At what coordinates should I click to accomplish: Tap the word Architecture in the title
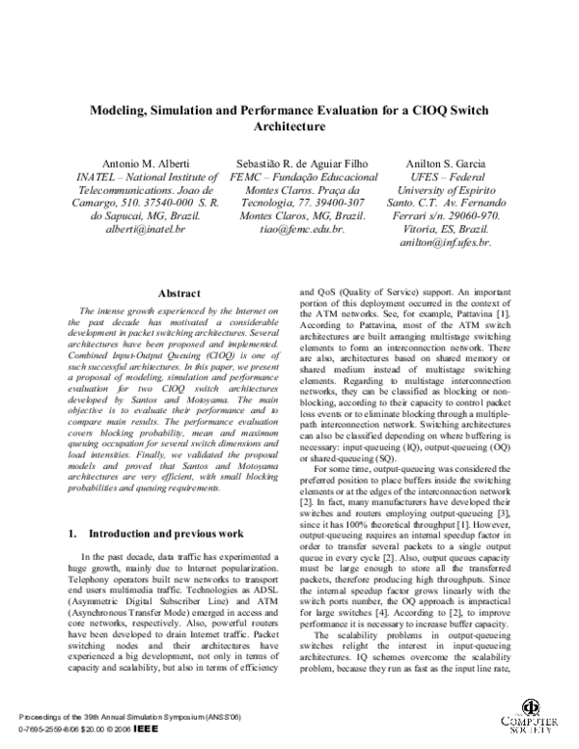(x=289, y=125)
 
